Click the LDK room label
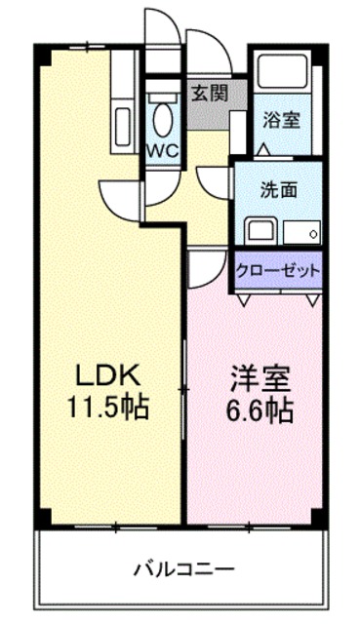point(107,374)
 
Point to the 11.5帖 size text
point(107,407)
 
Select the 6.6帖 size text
point(257,410)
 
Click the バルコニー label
point(184,566)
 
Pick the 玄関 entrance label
point(206,94)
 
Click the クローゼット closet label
point(278,271)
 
